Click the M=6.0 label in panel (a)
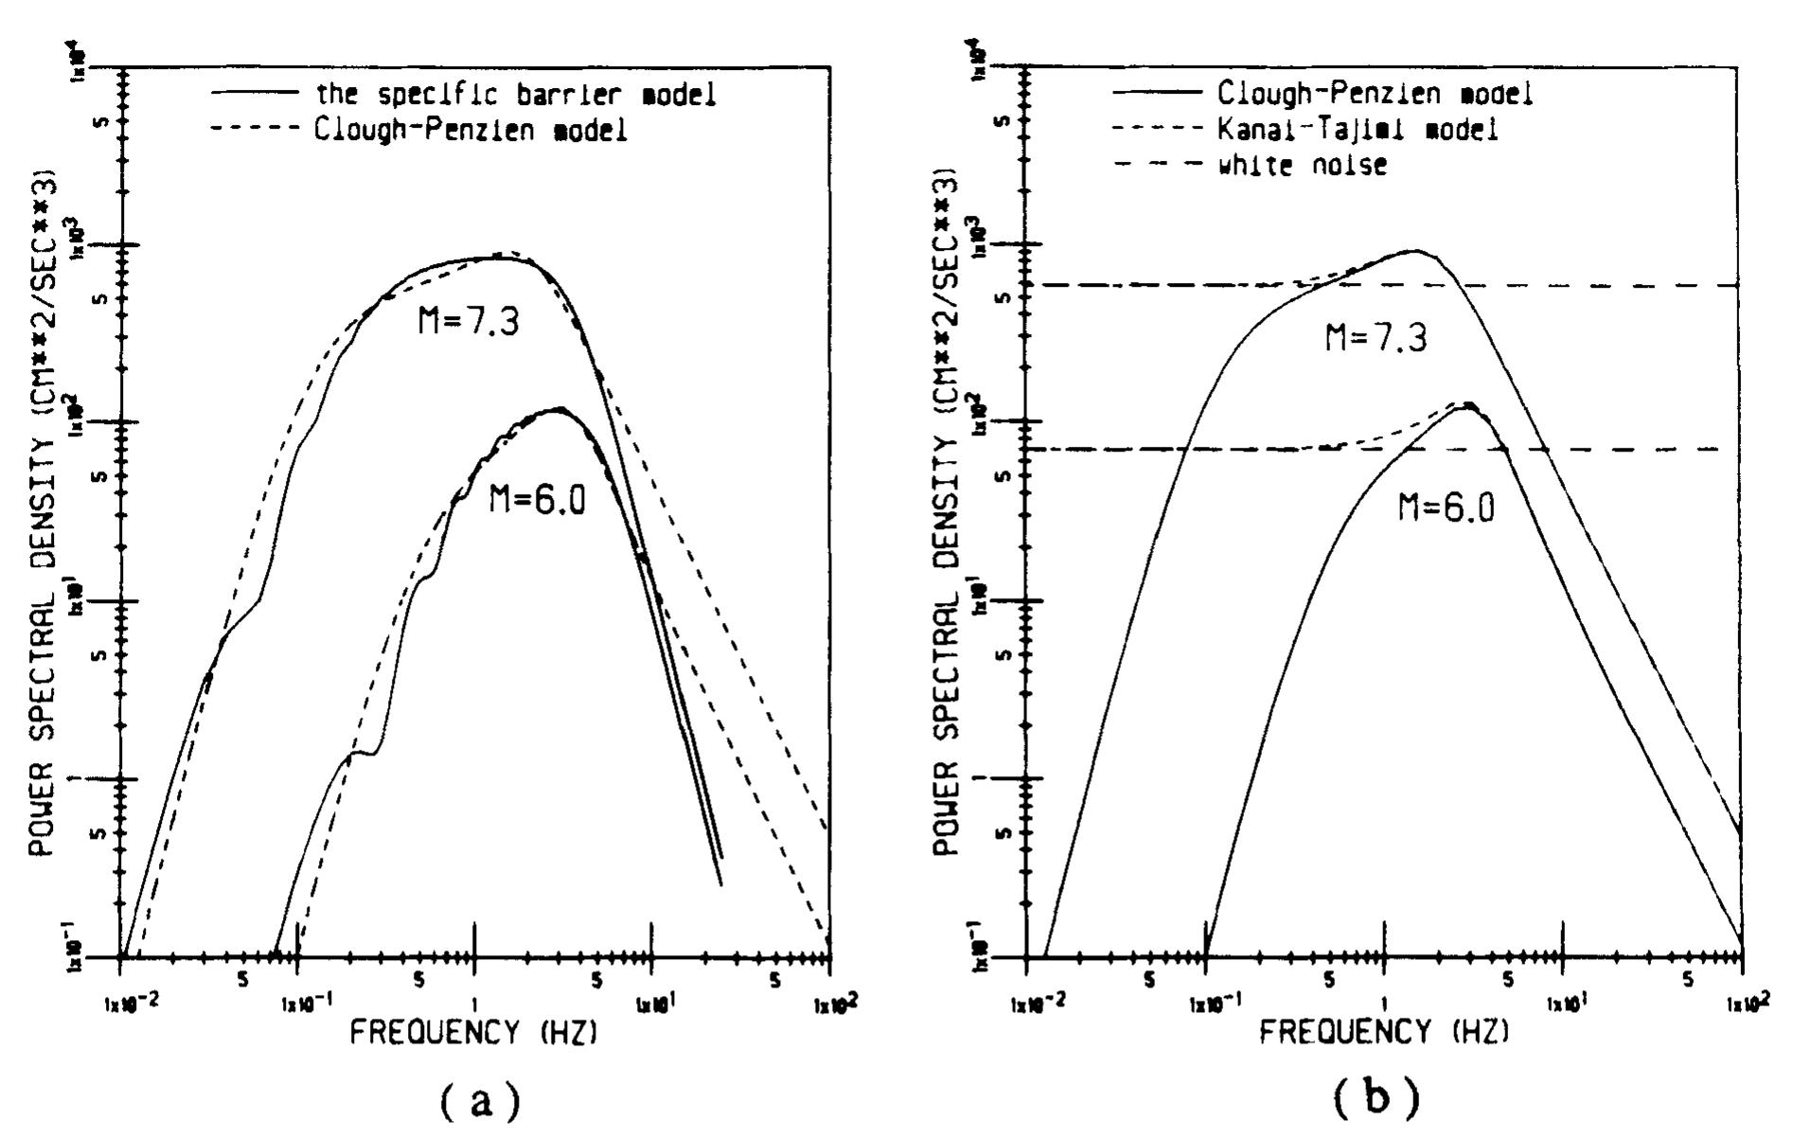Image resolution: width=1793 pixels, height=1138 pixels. coord(537,499)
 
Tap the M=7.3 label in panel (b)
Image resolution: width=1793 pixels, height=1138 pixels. coord(1376,337)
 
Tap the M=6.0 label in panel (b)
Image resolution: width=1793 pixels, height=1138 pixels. coord(1447,508)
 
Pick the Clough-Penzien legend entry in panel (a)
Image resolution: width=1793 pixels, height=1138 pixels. coord(470,131)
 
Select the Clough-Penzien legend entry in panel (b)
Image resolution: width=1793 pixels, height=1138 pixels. coord(1375,93)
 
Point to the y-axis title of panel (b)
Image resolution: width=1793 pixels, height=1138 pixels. coord(950,512)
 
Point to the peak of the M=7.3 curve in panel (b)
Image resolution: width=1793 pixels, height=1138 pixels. coord(1414,251)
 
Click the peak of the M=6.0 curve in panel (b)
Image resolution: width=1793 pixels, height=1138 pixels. coord(1467,404)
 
